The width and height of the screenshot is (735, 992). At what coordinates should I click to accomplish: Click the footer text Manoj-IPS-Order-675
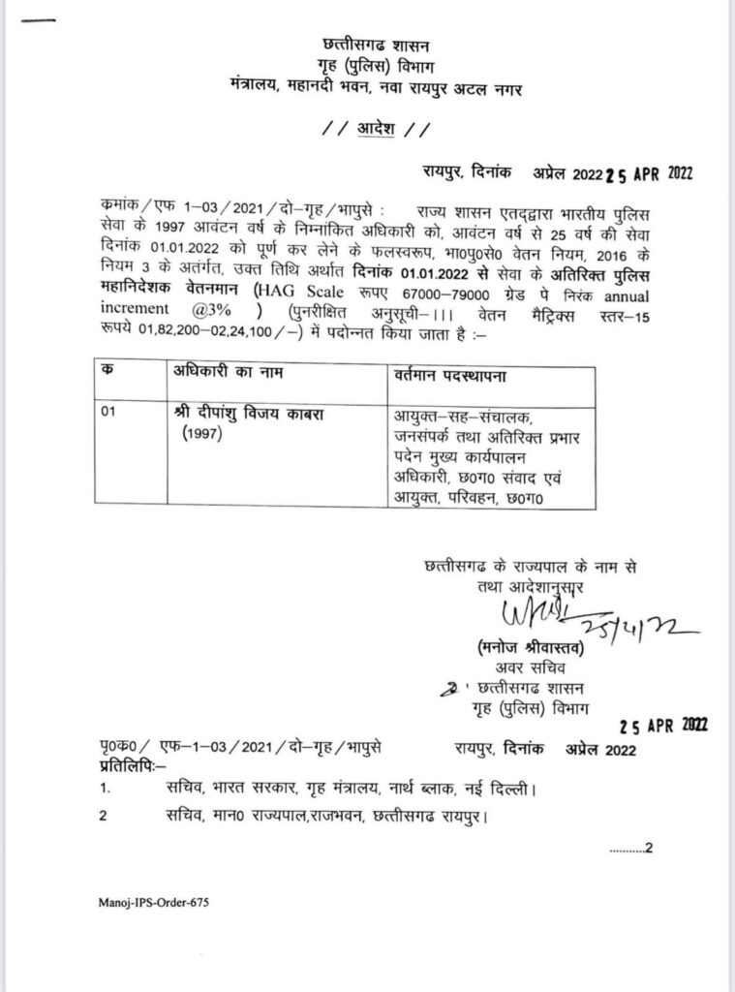coord(153,902)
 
